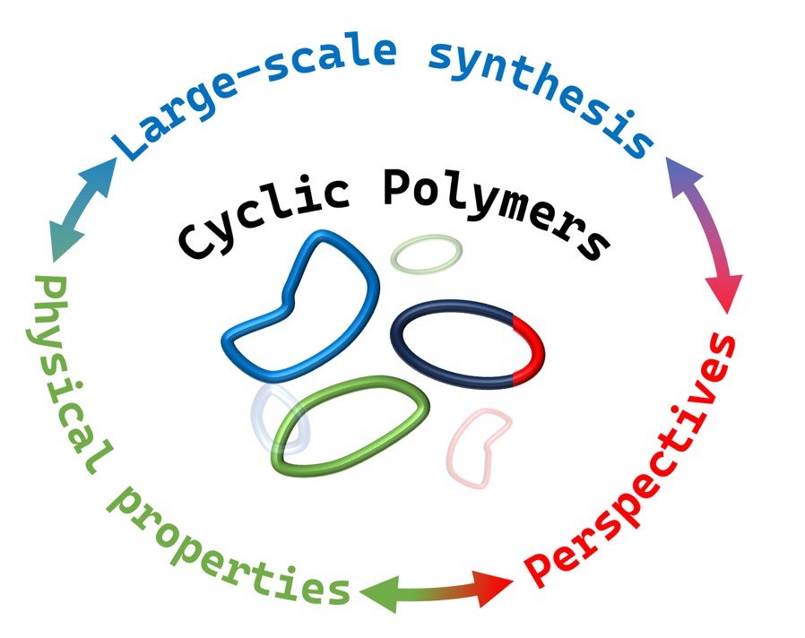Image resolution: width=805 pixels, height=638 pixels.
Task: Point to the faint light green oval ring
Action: (427, 254)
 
